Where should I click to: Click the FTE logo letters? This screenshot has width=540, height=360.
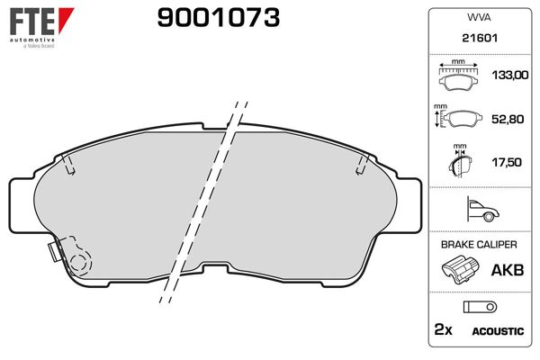(x=31, y=20)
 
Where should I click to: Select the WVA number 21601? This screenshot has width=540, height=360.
(x=477, y=40)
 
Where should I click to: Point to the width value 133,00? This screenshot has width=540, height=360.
(x=506, y=76)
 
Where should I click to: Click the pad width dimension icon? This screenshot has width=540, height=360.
(x=458, y=76)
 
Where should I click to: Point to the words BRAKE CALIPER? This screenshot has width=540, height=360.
(x=478, y=244)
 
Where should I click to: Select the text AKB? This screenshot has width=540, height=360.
(x=504, y=269)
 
